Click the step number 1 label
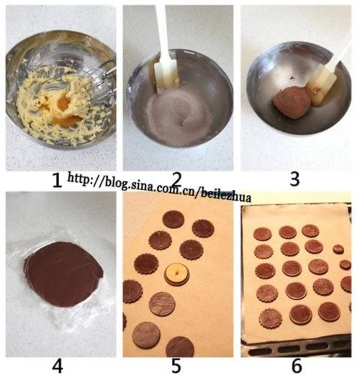tap(57, 181)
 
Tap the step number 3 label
tap(294, 179)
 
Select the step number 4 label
tap(58, 366)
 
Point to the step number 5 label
tap(176, 366)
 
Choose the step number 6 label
tap(297, 366)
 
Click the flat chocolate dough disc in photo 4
tap(64, 274)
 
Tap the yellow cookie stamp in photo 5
tap(177, 274)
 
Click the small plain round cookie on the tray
tap(338, 249)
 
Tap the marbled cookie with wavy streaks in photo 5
tap(162, 304)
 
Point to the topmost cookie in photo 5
tap(174, 219)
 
